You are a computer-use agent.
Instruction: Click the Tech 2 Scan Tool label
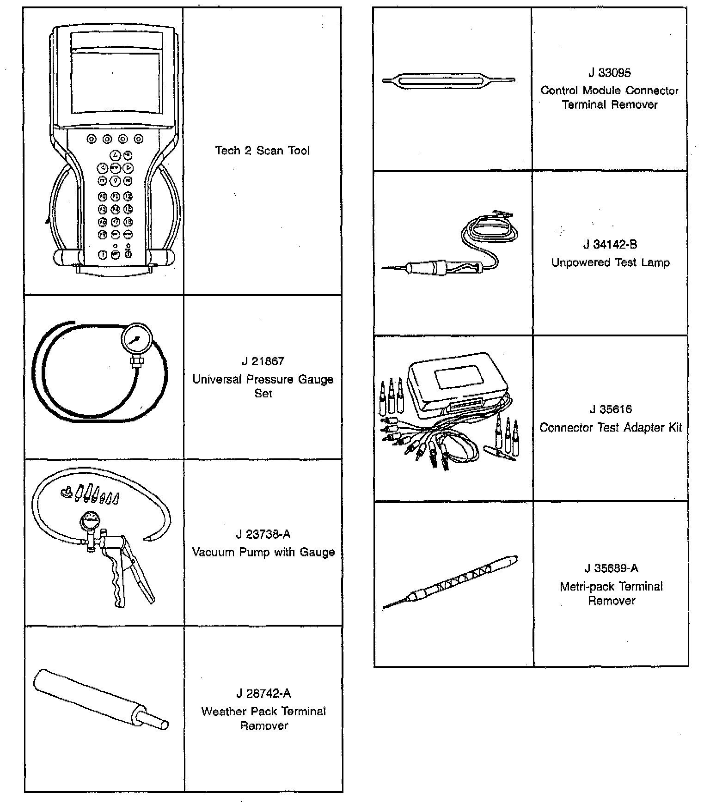(x=262, y=151)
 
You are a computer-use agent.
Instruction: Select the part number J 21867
(x=263, y=361)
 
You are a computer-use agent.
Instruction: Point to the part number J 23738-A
(x=263, y=534)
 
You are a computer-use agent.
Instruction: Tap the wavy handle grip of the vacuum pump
(x=117, y=585)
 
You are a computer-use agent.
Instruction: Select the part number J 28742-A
(x=263, y=693)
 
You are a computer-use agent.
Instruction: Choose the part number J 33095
(x=610, y=73)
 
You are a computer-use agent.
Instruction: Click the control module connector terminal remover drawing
(x=448, y=81)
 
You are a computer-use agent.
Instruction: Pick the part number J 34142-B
(x=610, y=244)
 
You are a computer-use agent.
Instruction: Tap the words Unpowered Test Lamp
(x=610, y=263)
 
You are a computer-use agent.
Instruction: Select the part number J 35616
(x=611, y=409)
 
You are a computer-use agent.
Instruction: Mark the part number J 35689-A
(x=611, y=568)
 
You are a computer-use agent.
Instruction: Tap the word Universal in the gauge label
(x=217, y=379)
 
